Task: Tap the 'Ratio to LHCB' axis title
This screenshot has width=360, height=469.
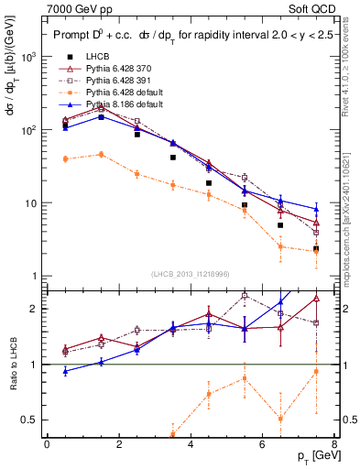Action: pos(12,365)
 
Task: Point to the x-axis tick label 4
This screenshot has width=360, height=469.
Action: pos(190,444)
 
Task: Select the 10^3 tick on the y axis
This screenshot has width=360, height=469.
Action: pos(30,57)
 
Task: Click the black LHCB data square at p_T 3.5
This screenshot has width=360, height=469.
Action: pos(172,158)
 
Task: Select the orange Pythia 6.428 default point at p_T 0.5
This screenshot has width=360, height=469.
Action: pos(65,158)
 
